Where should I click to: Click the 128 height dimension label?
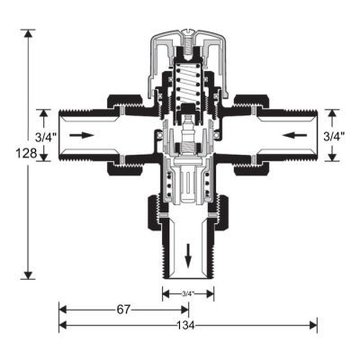pyautogui.click(x=26, y=154)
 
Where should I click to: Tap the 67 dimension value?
pyautogui.click(x=123, y=310)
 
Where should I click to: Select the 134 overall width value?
pyautogui.click(x=186, y=325)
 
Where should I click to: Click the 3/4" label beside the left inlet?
pyautogui.click(x=46, y=138)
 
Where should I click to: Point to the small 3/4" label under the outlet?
pyautogui.click(x=188, y=294)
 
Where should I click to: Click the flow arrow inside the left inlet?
pyautogui.click(x=82, y=135)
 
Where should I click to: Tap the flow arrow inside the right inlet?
pyautogui.click(x=294, y=135)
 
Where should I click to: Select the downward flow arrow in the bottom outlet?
pyautogui.click(x=188, y=256)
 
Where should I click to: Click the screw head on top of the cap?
pyautogui.click(x=187, y=31)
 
